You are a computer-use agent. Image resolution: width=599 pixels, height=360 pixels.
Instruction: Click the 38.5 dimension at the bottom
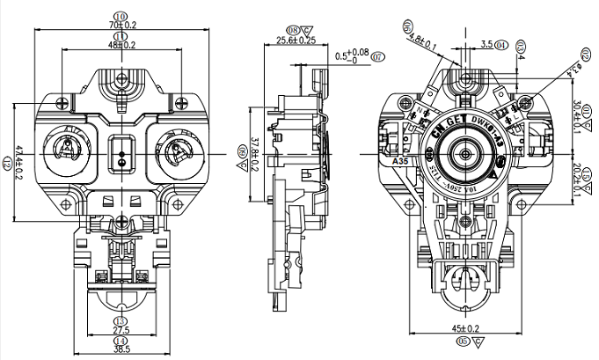(x=121, y=349)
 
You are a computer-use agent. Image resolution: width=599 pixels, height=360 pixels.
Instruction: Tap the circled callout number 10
(x=121, y=16)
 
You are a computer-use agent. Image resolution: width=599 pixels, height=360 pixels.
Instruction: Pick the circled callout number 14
(x=121, y=340)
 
